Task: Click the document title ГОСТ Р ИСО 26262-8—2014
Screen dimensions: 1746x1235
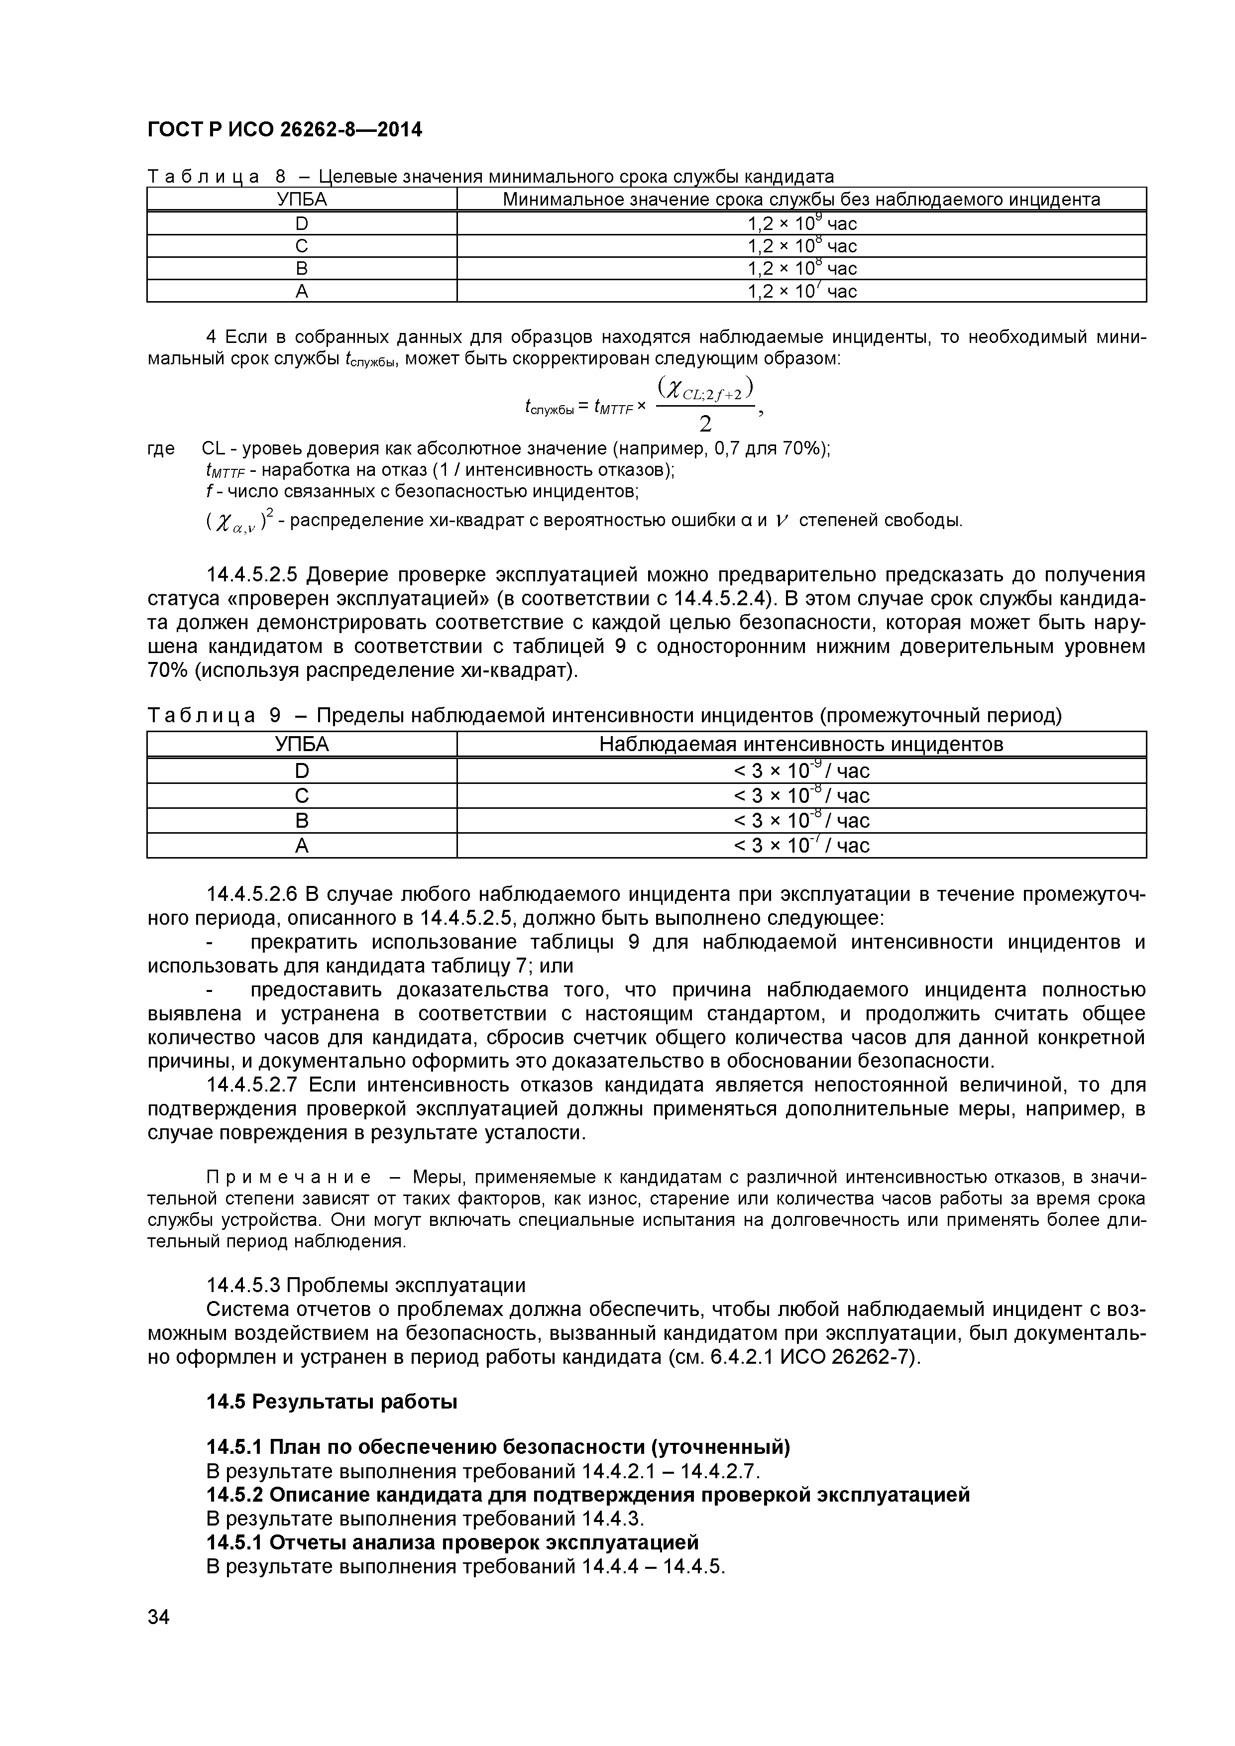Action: [x=284, y=131]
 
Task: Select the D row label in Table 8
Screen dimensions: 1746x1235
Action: [x=302, y=223]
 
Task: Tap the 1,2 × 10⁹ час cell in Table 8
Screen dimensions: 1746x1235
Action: [x=801, y=223]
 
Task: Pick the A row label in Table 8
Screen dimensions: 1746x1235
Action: [x=302, y=291]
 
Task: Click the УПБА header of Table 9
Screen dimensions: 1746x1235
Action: [x=302, y=745]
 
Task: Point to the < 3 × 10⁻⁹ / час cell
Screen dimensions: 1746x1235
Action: [x=801, y=771]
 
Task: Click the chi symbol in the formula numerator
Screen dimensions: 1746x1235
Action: [x=672, y=389]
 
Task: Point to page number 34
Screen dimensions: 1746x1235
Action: [x=159, y=1638]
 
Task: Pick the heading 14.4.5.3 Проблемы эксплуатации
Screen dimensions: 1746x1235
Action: [x=366, y=1285]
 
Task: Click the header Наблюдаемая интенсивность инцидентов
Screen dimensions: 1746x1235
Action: [x=801, y=745]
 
